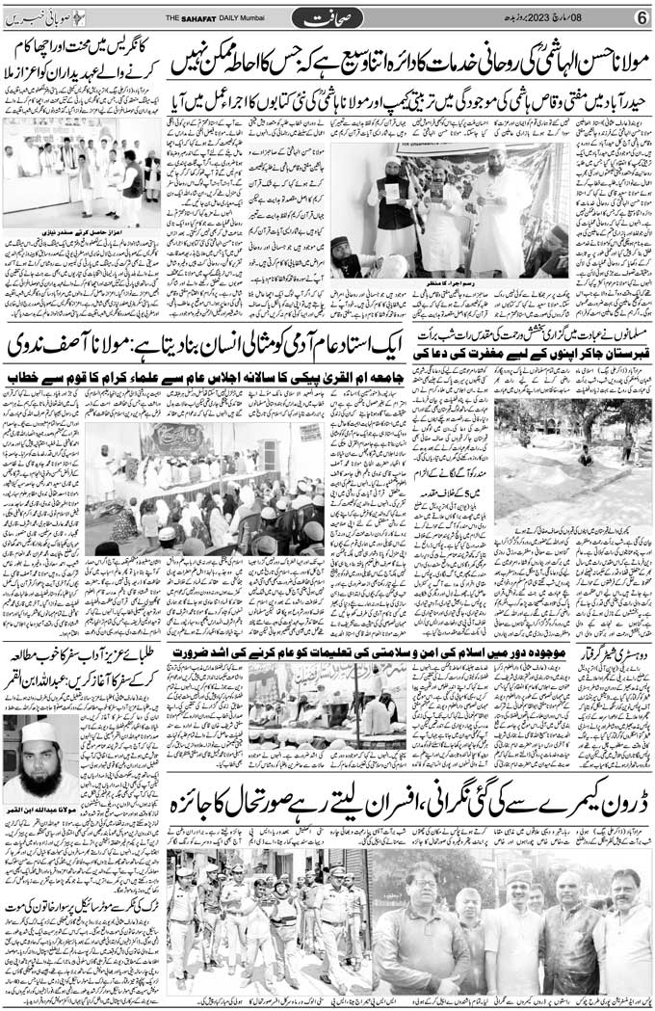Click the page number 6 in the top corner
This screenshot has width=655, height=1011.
(640, 16)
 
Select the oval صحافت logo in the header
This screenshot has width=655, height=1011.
(327, 17)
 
